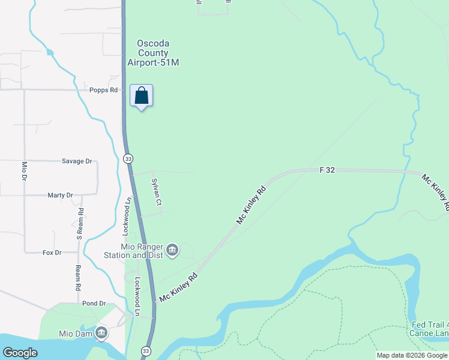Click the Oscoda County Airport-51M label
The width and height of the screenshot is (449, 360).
coord(153,53)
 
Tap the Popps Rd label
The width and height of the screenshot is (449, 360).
coord(103,90)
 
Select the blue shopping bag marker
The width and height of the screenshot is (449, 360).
coord(141,96)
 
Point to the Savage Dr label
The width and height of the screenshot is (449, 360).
coord(77,161)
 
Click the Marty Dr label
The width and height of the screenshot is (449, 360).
coord(60,196)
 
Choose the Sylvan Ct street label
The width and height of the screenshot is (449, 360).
coord(156,191)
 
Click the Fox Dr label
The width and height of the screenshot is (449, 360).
coord(52,253)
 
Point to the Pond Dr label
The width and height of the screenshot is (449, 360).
coord(94,304)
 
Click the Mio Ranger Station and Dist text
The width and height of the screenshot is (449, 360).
coord(142,251)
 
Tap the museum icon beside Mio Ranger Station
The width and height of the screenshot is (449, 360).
coord(173,250)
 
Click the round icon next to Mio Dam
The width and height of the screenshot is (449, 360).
coord(101,332)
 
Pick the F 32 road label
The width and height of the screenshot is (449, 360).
coord(327,170)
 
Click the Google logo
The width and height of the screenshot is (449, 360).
coord(20,353)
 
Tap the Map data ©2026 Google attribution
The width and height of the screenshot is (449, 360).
coord(412,355)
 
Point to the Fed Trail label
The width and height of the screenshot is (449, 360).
coord(429,325)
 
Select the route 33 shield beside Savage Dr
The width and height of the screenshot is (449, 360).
coord(128,158)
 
